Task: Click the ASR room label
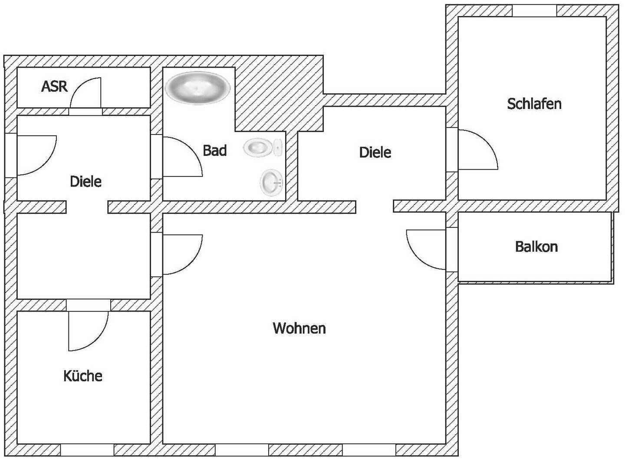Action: pos(54,86)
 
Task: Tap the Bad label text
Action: pos(215,151)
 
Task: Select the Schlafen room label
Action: pos(534,104)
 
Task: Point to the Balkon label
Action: pos(536,247)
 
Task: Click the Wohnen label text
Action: pos(299,328)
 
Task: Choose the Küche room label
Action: pos(83,376)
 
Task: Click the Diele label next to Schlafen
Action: pos(375,152)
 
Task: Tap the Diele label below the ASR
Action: pos(86,181)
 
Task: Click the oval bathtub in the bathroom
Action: pos(197,88)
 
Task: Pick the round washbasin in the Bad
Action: pos(272,182)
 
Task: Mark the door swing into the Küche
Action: pos(87,330)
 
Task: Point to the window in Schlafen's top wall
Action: pos(535,11)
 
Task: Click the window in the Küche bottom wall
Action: pos(87,450)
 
